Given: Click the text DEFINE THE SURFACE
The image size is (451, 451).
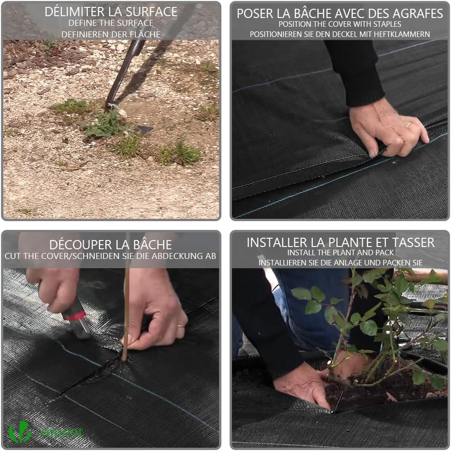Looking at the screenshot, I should [111, 23].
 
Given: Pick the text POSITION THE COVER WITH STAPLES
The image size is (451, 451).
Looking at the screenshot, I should [340, 24].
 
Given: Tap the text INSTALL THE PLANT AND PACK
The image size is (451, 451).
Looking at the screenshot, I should [340, 253].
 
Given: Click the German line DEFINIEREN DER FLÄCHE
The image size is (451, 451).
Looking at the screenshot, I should [111, 34].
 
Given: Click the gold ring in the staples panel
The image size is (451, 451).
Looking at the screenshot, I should [408, 125].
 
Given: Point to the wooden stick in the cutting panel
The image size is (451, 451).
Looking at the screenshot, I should [126, 314].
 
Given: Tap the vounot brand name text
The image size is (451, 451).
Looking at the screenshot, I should [61, 433].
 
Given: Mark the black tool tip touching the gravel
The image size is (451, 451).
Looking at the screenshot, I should [110, 105].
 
